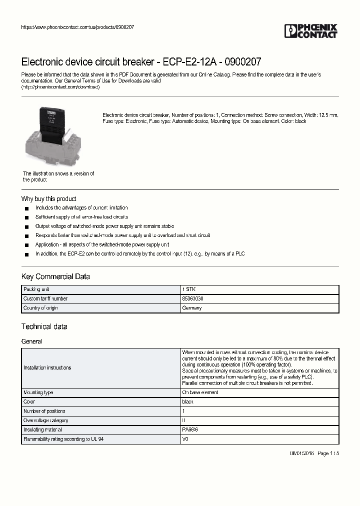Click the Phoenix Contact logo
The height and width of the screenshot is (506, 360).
coord(311,31)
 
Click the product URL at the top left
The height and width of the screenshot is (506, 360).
coord(77,27)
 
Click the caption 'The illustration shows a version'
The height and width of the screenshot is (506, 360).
coord(58,173)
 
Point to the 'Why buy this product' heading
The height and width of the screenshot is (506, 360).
coord(49,198)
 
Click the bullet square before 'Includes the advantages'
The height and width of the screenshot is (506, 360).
coord(26,208)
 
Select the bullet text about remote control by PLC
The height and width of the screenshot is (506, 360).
coord(140,253)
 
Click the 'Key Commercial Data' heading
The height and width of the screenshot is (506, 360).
coord(55,276)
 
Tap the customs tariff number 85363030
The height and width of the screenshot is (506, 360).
coord(192,298)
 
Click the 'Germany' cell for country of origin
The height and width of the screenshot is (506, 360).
coord(192,308)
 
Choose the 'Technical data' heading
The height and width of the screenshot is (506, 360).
coord(44,326)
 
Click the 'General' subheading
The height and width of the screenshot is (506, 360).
coord(32,341)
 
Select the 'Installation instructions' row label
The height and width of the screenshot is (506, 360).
coord(47,367)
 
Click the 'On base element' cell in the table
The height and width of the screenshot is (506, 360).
coord(200,392)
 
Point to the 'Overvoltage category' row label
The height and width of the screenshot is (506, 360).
coord(45,420)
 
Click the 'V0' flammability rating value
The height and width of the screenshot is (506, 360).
coord(185,439)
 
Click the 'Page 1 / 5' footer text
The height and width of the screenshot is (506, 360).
coord(328,453)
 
